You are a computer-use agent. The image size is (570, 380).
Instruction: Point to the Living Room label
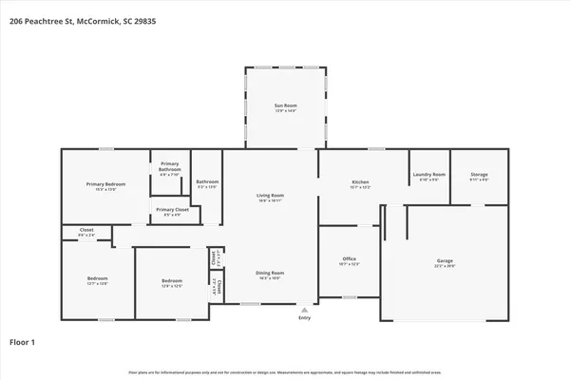click(x=271, y=196)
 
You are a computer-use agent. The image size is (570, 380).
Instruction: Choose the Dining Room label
click(x=271, y=274)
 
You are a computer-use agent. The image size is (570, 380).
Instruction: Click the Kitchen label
click(x=360, y=182)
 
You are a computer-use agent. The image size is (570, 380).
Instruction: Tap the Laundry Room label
click(x=428, y=175)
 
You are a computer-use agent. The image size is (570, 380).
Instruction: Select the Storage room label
click(x=479, y=175)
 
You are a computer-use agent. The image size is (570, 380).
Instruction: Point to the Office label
click(x=349, y=258)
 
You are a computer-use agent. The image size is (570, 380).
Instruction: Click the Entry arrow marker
click(x=304, y=310)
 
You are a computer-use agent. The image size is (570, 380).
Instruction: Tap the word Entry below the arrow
click(x=304, y=318)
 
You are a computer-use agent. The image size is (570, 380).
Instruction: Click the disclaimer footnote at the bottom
click(x=285, y=371)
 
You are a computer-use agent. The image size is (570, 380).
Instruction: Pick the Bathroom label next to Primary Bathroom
click(x=207, y=182)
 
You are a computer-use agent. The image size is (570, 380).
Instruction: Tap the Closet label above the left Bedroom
click(x=85, y=231)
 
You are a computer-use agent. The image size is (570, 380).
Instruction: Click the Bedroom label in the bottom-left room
click(x=98, y=280)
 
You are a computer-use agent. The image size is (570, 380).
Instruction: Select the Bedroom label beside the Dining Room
click(x=171, y=282)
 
